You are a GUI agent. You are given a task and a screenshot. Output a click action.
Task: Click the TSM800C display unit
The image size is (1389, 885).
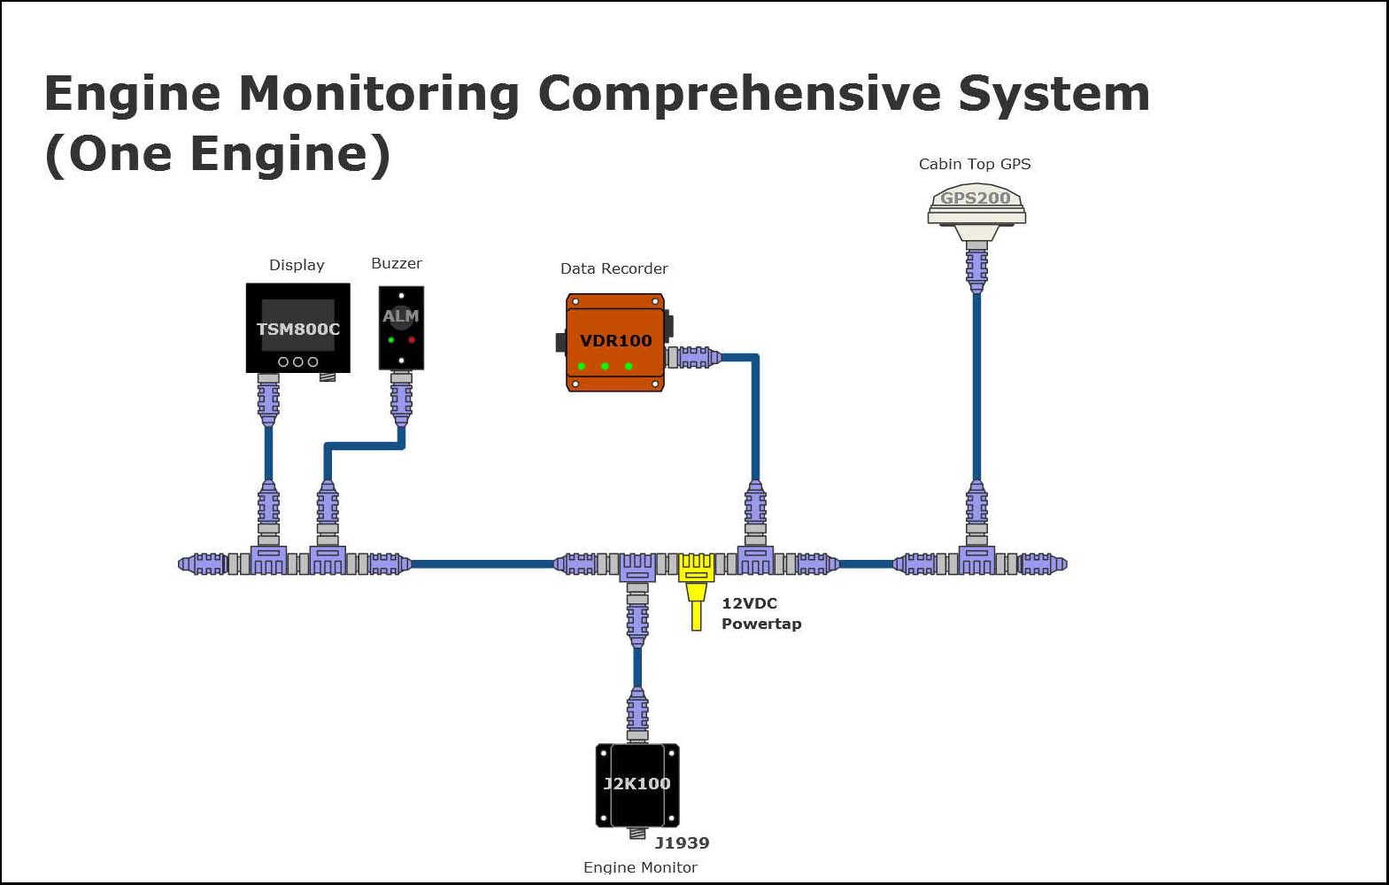[x=297, y=328]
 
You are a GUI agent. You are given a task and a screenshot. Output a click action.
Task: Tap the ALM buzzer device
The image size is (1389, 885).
[x=401, y=327]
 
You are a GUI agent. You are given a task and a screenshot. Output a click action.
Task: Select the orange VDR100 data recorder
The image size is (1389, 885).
[x=615, y=342]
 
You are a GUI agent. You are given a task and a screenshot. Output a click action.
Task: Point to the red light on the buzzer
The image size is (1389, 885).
[x=412, y=340]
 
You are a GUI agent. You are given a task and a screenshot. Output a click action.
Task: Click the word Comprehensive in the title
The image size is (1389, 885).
[x=739, y=93]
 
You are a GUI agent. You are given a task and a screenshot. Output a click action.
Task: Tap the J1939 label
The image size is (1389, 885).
[x=682, y=842]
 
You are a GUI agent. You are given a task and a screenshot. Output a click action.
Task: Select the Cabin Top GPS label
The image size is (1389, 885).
[x=974, y=164]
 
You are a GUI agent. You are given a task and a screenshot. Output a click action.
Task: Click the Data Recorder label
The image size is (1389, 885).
[x=613, y=268]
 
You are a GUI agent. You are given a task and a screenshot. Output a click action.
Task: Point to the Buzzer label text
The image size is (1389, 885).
[x=396, y=263]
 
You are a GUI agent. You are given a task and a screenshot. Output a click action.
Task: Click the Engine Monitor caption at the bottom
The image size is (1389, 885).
[x=640, y=867]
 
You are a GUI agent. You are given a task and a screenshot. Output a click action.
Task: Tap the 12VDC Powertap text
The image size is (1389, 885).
[x=760, y=613]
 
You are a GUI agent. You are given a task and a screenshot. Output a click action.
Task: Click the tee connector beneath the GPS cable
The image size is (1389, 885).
[x=976, y=561]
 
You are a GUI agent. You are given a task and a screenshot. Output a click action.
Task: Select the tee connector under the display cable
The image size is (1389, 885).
[x=268, y=561]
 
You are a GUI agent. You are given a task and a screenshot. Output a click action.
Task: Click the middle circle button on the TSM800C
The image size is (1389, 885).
[x=297, y=361]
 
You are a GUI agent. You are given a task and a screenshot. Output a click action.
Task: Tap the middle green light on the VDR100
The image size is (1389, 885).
[x=605, y=366]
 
